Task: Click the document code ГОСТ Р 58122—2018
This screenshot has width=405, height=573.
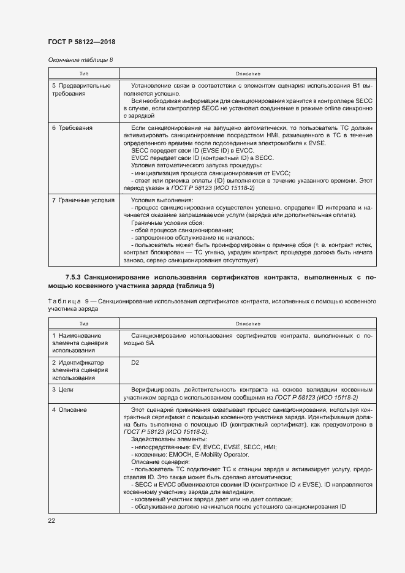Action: (81, 42)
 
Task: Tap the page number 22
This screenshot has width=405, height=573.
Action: (51, 520)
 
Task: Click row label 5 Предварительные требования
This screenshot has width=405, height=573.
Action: (81, 90)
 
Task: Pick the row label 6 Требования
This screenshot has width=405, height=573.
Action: (72, 127)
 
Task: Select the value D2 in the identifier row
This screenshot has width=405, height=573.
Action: (135, 362)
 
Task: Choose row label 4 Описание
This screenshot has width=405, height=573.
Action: (69, 409)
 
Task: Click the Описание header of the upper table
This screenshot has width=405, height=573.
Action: (247, 74)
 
